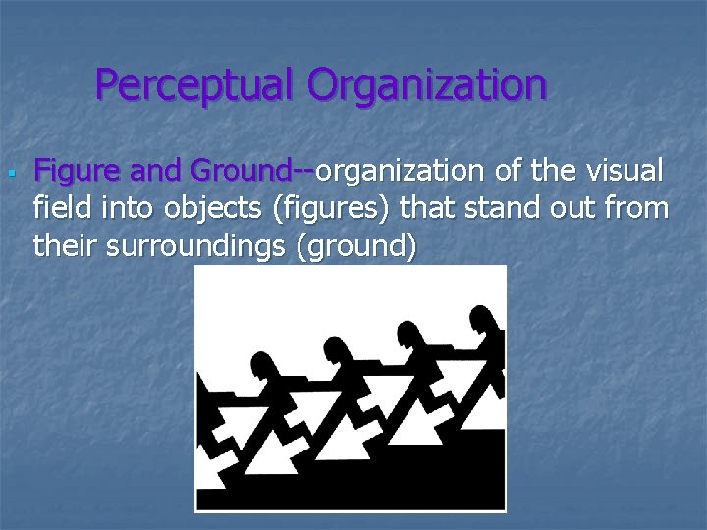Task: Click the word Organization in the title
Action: tap(426, 85)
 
